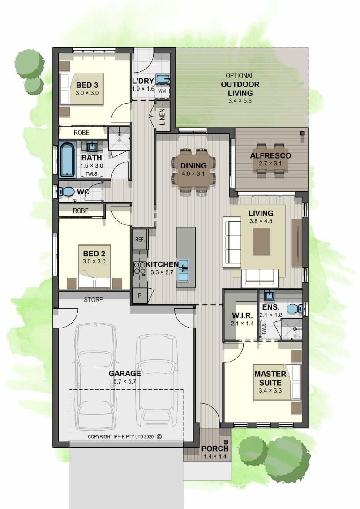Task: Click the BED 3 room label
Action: [87, 86]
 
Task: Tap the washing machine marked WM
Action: [162, 91]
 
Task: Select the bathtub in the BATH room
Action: [68, 160]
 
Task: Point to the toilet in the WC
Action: [66, 191]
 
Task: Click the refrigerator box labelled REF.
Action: [140, 240]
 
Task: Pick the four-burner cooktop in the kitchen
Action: [140, 268]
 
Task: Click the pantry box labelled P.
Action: [140, 296]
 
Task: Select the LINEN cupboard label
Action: [163, 116]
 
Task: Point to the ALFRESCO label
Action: [270, 155]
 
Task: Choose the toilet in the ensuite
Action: [295, 308]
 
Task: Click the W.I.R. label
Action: [242, 315]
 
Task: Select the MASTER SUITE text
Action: [270, 378]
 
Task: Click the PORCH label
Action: [215, 449]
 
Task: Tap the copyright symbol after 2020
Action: [159, 436]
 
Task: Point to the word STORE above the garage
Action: [94, 300]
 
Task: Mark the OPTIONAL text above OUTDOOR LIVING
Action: [240, 76]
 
